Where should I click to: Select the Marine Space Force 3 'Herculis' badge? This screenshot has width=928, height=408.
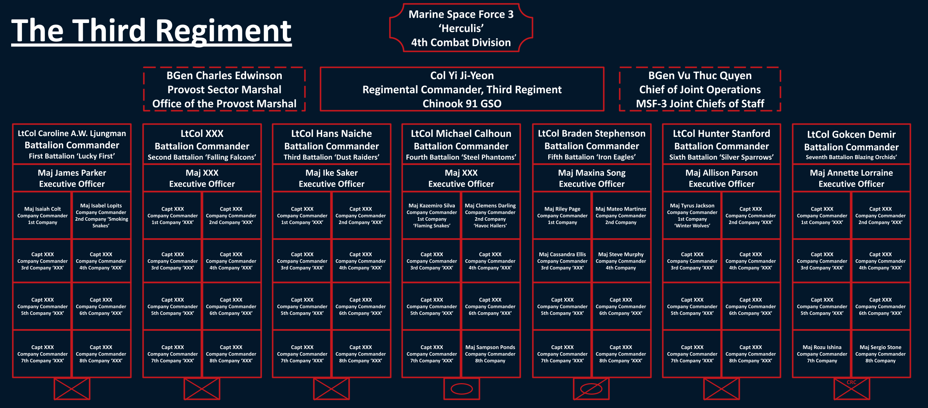coord(461,28)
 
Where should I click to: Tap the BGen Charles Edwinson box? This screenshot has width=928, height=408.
coord(224,89)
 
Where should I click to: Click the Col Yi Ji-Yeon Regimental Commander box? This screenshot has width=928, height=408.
coord(462,89)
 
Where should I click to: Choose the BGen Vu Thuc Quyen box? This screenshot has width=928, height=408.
coord(700,89)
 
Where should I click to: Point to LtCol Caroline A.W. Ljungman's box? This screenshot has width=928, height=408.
coord(72,144)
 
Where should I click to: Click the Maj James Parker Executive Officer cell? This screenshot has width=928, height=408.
coord(72,178)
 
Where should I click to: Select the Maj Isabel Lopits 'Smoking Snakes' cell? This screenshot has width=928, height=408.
coord(101,215)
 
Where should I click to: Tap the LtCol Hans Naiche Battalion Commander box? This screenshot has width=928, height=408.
coord(331,144)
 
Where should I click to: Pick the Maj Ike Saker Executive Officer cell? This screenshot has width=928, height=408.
coord(331,178)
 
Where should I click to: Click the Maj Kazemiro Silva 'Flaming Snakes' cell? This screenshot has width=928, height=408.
coord(432,215)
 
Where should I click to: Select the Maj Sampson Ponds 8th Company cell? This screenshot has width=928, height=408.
coord(490,354)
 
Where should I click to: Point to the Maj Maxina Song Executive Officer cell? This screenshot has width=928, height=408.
coord(592,178)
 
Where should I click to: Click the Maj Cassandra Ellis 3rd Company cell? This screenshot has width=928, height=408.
coord(562,261)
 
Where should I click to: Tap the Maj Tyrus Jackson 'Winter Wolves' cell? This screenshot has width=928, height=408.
coord(692,215)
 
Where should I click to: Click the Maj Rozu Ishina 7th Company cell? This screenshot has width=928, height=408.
coord(822,354)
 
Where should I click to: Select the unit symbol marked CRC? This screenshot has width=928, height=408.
coord(852,389)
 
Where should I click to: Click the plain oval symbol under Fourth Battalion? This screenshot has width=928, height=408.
coord(461,389)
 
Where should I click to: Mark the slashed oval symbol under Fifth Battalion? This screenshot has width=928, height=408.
coord(591,389)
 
